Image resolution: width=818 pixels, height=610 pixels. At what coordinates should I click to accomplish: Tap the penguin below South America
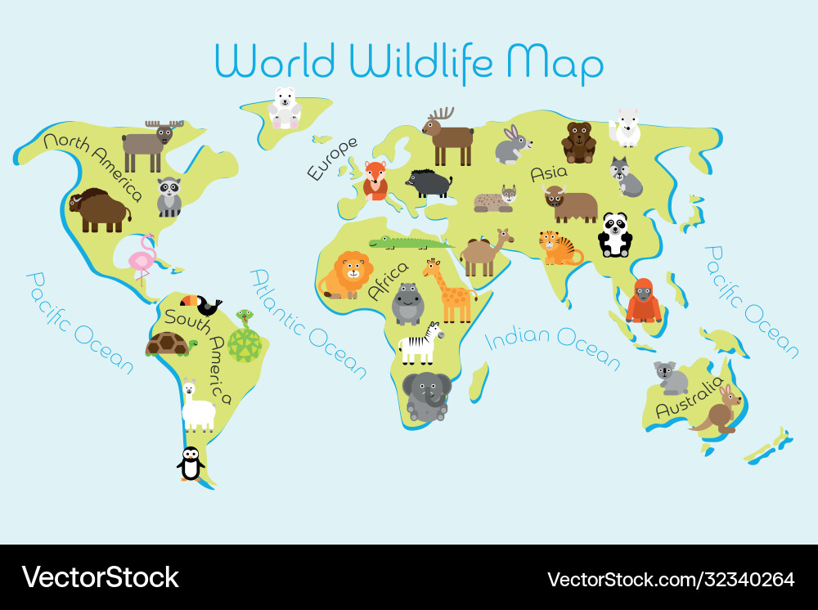tap(191, 464)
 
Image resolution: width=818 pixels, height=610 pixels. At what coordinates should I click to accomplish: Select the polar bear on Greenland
tap(285, 108)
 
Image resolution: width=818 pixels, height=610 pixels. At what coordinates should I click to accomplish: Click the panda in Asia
tap(614, 235)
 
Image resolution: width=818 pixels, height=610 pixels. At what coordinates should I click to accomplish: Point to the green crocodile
tap(409, 242)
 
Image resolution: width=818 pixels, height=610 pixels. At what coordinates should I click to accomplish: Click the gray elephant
tap(426, 395)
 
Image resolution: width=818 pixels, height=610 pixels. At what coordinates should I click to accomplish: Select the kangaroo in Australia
tap(721, 409)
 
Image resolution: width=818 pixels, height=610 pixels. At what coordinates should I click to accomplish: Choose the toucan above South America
tap(200, 305)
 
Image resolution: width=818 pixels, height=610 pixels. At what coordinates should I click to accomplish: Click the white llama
tap(197, 406)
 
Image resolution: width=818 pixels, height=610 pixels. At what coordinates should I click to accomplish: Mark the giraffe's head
tap(430, 266)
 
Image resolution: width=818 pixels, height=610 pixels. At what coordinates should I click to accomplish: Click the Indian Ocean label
tap(553, 344)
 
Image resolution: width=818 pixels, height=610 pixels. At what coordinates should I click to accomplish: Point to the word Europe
tap(332, 158)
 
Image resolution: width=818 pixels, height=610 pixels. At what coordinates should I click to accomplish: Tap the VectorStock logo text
tap(100, 577)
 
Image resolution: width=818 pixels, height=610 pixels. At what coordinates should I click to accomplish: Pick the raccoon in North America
tap(169, 196)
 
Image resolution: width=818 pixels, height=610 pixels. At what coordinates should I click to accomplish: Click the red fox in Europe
tap(375, 180)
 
